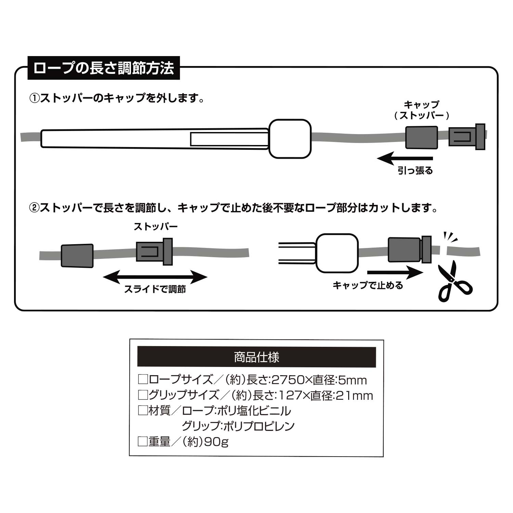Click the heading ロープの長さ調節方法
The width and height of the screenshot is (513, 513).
[104, 68]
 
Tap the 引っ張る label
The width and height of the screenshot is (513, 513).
[415, 170]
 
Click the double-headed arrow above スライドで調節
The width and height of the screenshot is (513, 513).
[155, 277]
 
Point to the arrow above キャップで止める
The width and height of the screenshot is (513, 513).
[395, 273]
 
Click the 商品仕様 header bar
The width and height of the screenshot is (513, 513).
[256, 357]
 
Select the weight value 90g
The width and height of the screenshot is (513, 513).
[216, 442]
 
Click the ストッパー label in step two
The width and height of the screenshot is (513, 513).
[156, 226]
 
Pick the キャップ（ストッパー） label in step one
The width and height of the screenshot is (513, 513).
[421, 110]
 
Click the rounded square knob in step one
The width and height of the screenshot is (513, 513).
[290, 139]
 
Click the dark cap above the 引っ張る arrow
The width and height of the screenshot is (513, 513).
[421, 138]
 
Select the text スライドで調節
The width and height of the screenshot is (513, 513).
[155, 289]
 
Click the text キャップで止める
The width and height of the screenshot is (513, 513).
[368, 285]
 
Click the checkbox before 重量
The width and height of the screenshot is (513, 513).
[142, 442]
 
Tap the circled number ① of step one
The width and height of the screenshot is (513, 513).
[35, 99]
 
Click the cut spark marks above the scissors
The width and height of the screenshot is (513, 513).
[450, 237]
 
